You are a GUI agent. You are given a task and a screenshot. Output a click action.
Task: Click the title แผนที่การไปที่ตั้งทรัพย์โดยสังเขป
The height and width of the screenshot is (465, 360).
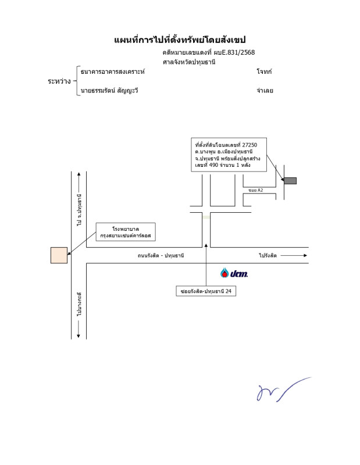(x=180, y=40)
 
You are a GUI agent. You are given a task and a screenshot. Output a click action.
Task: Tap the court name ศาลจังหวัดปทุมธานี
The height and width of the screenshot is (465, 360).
(x=189, y=62)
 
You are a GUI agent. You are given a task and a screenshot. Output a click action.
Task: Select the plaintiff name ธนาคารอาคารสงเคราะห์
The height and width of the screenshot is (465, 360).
(x=113, y=71)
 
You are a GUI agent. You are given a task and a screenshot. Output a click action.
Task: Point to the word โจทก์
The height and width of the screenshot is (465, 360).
(x=264, y=71)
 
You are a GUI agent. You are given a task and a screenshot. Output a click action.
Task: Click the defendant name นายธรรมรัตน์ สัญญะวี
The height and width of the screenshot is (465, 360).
(x=109, y=91)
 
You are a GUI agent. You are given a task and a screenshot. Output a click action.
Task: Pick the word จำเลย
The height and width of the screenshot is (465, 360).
(x=265, y=91)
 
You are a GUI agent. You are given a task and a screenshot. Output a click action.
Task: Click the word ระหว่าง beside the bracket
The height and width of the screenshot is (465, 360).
(x=59, y=81)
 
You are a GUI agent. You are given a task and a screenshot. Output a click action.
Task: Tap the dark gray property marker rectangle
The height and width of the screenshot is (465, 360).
(x=290, y=181)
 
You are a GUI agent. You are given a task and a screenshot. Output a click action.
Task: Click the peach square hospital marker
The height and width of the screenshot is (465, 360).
(x=59, y=255)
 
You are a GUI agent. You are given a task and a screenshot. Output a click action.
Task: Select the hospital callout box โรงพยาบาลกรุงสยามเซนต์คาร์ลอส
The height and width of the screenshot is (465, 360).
(x=126, y=233)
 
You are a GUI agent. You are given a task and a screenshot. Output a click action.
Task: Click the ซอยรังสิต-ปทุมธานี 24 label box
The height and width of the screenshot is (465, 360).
(x=206, y=291)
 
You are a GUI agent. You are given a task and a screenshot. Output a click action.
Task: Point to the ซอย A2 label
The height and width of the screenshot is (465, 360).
(x=255, y=190)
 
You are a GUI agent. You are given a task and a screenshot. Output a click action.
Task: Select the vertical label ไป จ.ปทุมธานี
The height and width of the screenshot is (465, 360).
(x=79, y=210)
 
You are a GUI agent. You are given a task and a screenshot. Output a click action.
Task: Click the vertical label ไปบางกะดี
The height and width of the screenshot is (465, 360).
(x=79, y=305)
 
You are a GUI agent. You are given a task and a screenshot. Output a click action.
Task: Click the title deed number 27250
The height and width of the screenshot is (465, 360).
(x=255, y=143)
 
